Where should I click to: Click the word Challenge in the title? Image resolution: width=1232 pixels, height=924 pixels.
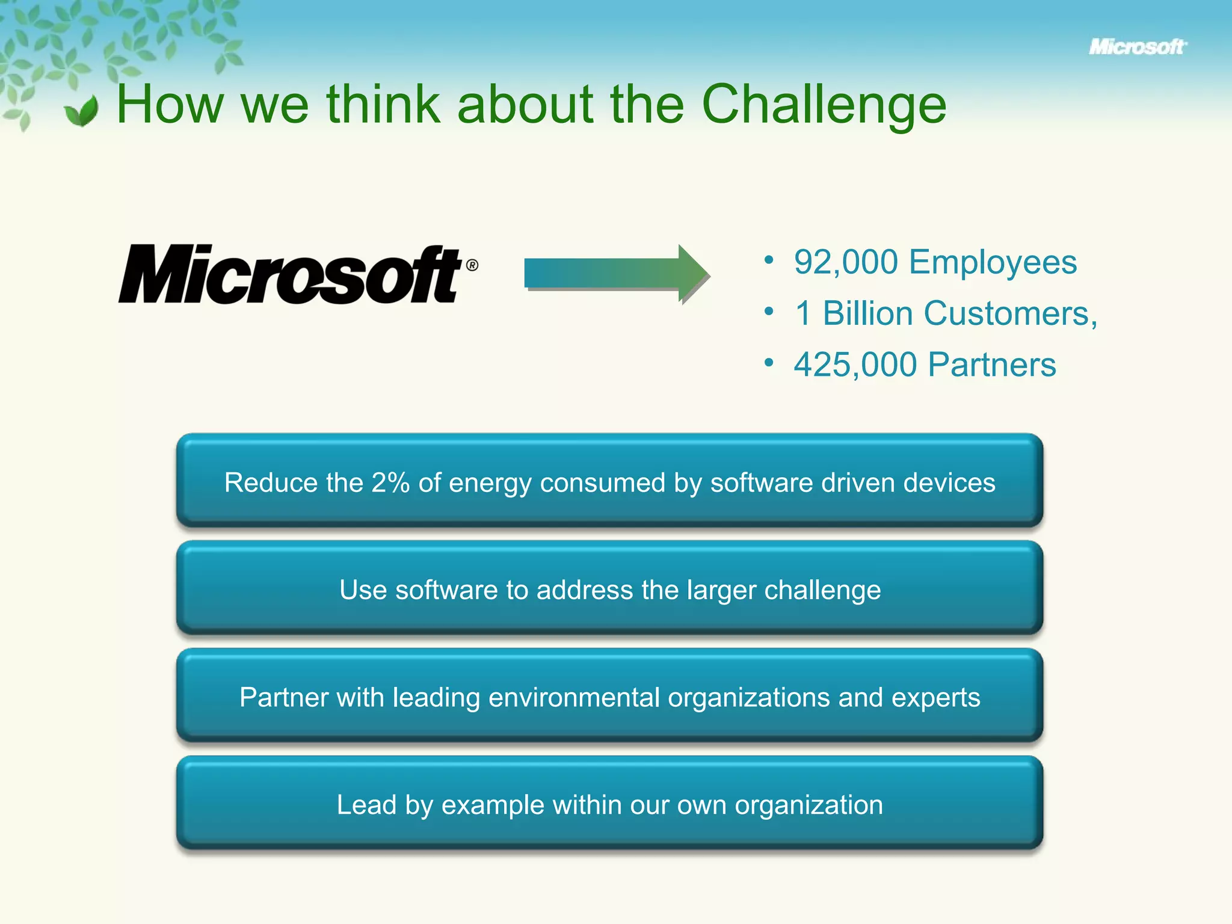[824, 105]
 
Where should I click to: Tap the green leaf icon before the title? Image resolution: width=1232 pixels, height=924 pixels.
[82, 111]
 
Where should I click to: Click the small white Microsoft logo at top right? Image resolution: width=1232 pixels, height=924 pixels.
[1137, 47]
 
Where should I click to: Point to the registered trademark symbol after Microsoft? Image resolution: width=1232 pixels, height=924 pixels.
[472, 265]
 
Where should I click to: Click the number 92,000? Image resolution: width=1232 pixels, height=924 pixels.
[845, 262]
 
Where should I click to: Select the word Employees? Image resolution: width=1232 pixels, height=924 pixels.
[993, 262]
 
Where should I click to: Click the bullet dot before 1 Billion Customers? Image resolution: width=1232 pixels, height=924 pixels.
[768, 312]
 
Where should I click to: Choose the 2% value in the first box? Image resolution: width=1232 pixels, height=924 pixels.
[390, 482]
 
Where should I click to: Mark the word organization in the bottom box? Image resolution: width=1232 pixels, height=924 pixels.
[808, 805]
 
